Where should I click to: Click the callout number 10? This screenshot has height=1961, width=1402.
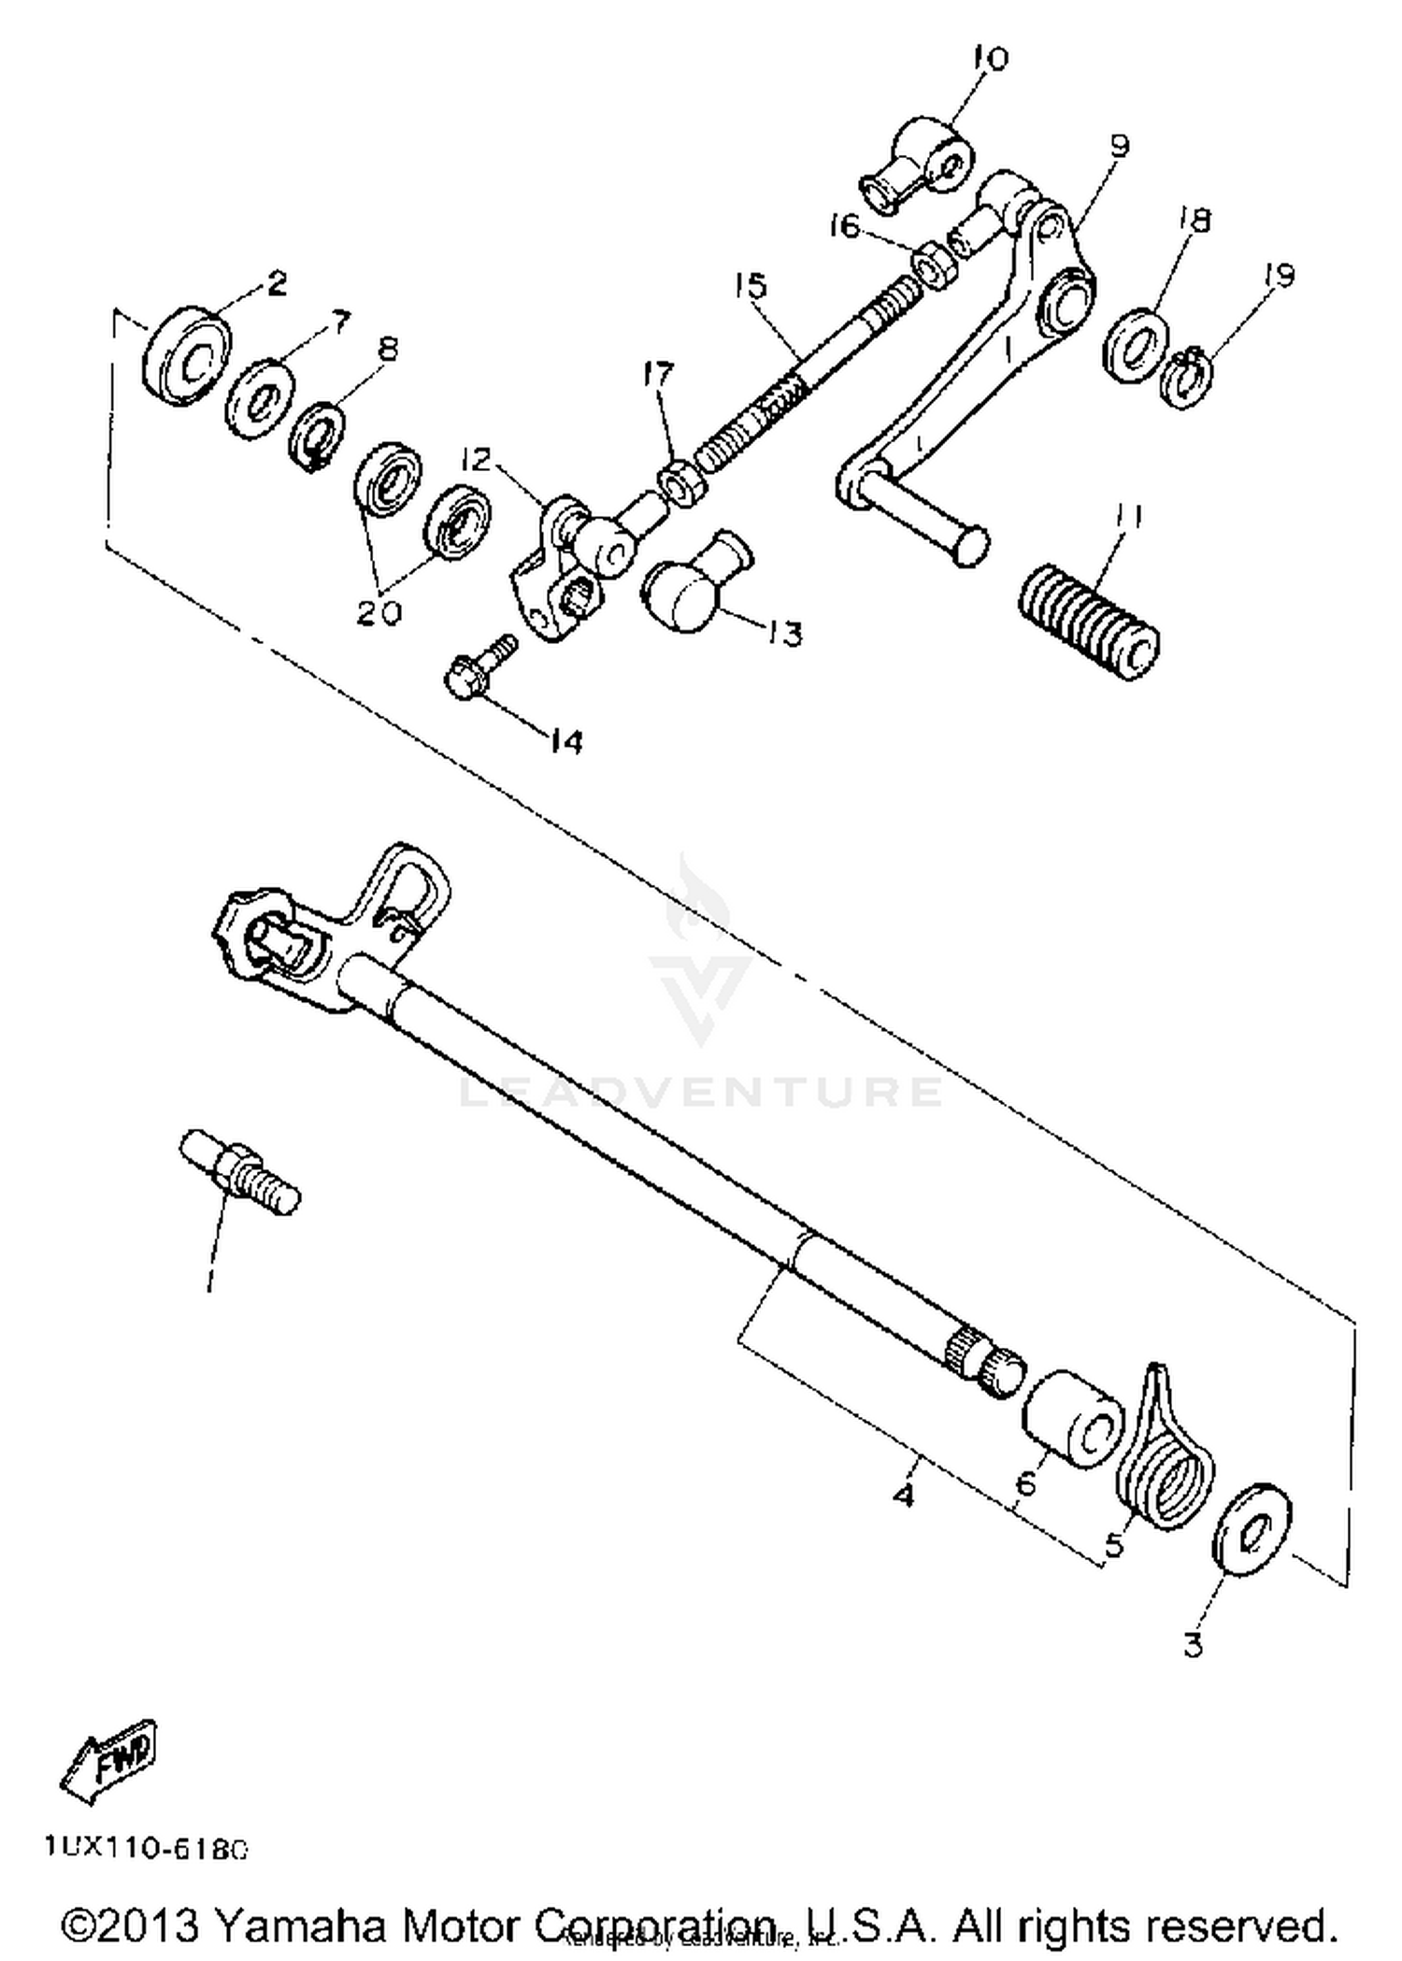[991, 60]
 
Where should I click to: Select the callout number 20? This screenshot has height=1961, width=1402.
[379, 612]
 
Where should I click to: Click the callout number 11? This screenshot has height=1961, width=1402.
[1129, 517]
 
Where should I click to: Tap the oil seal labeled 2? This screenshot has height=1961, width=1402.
[187, 355]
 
